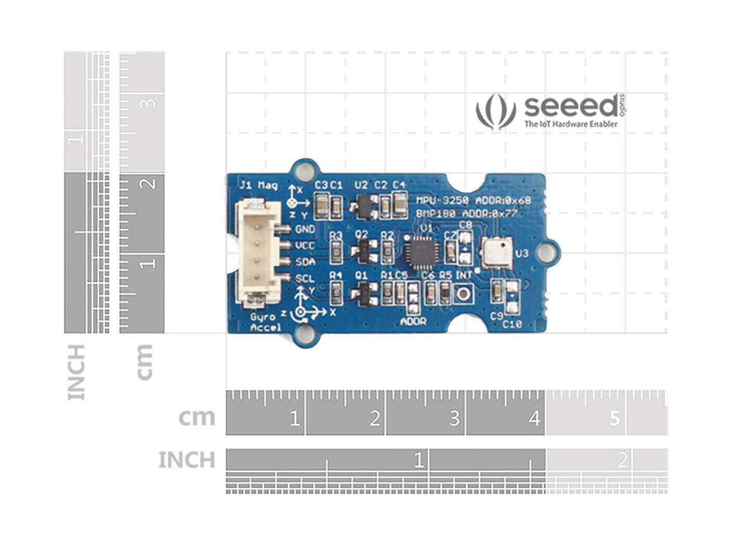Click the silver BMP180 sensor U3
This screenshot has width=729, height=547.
point(495,252)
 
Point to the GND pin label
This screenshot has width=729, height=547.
point(305,229)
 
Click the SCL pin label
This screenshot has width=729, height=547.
point(305,279)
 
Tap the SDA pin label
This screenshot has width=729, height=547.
point(305,262)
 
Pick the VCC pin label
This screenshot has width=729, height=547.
point(305,245)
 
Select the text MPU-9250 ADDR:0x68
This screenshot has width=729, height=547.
point(473,201)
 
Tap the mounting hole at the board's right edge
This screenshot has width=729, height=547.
point(546,252)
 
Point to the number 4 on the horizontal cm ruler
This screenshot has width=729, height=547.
point(534,418)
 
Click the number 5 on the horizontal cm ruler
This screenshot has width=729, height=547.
point(615,418)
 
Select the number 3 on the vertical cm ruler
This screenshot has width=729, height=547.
point(149,103)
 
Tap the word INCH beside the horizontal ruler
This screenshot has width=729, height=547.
point(186,460)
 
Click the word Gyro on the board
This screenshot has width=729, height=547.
point(262,317)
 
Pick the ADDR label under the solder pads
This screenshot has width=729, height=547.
point(413,321)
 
